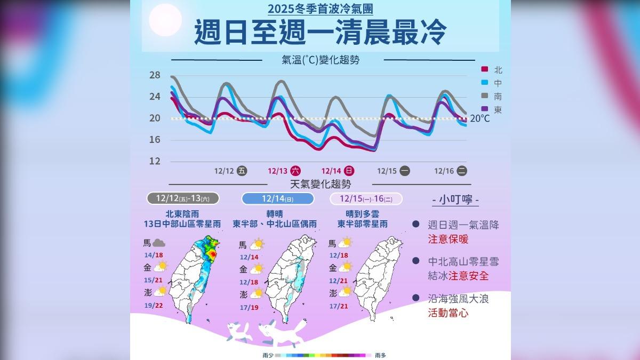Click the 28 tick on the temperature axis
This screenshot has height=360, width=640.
154,75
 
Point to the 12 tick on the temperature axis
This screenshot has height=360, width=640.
154,161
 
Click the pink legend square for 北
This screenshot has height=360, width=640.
484,69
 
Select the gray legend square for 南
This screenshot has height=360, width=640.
484,96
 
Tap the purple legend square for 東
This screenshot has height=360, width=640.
484,109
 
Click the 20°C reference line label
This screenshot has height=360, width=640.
479,118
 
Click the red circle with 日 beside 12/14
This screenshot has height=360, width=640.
349,171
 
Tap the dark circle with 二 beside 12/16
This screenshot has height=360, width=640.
462,171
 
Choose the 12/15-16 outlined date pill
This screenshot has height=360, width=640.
366,199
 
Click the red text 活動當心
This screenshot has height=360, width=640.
448,313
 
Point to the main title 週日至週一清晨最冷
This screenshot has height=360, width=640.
319,33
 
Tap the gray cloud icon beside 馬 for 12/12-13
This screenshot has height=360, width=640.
159,243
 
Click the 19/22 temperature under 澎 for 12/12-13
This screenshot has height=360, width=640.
153,305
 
